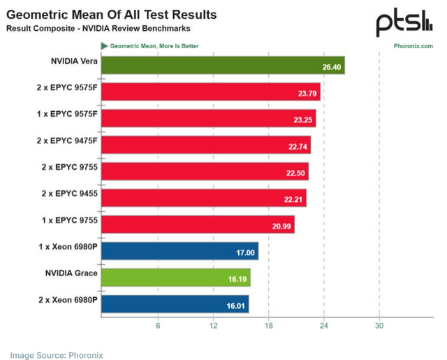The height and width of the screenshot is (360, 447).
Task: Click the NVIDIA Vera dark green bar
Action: point(223,65)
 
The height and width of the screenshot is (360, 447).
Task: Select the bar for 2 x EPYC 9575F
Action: point(211,92)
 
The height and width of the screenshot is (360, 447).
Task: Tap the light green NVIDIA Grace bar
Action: point(176,278)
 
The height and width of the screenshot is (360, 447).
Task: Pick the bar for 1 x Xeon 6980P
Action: point(180,251)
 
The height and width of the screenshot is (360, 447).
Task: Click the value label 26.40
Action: point(332,67)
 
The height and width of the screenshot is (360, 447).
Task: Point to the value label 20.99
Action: point(281,226)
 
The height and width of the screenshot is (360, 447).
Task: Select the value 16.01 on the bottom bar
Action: point(235,305)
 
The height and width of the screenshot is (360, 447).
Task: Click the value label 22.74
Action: point(298,147)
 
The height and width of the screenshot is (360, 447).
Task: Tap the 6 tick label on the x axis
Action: point(158,326)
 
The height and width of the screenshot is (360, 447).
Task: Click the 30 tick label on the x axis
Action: point(379,326)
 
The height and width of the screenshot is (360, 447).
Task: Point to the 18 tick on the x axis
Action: point(268,326)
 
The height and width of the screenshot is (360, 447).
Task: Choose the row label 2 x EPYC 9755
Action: point(70,167)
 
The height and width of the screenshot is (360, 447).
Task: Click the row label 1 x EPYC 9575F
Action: point(67,114)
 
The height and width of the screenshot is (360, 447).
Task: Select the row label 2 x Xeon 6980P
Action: point(68,300)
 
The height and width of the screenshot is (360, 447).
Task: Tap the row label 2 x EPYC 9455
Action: point(70,194)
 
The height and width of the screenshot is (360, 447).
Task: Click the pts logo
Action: point(404,22)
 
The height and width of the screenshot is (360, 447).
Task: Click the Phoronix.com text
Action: point(413,46)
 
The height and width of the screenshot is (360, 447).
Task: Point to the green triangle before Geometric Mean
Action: point(104,45)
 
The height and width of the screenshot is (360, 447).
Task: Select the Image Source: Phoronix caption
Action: point(57,355)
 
